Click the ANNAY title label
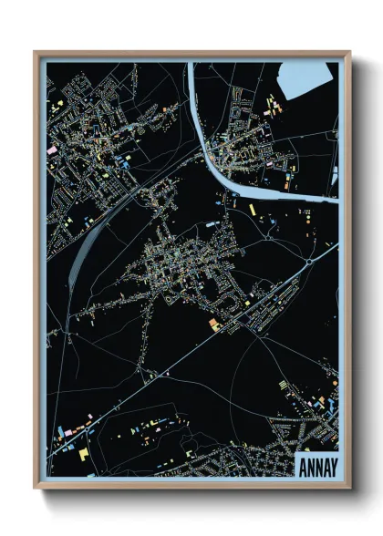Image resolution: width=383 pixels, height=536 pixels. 317,467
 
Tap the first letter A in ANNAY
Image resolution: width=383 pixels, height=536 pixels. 302,467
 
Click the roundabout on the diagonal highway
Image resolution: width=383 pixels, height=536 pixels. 309,261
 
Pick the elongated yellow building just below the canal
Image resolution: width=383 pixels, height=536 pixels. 253,210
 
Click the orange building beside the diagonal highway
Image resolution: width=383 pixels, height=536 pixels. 215,323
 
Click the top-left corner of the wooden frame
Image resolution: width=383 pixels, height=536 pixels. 36,53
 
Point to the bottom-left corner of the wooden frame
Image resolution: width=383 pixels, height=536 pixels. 36,488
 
